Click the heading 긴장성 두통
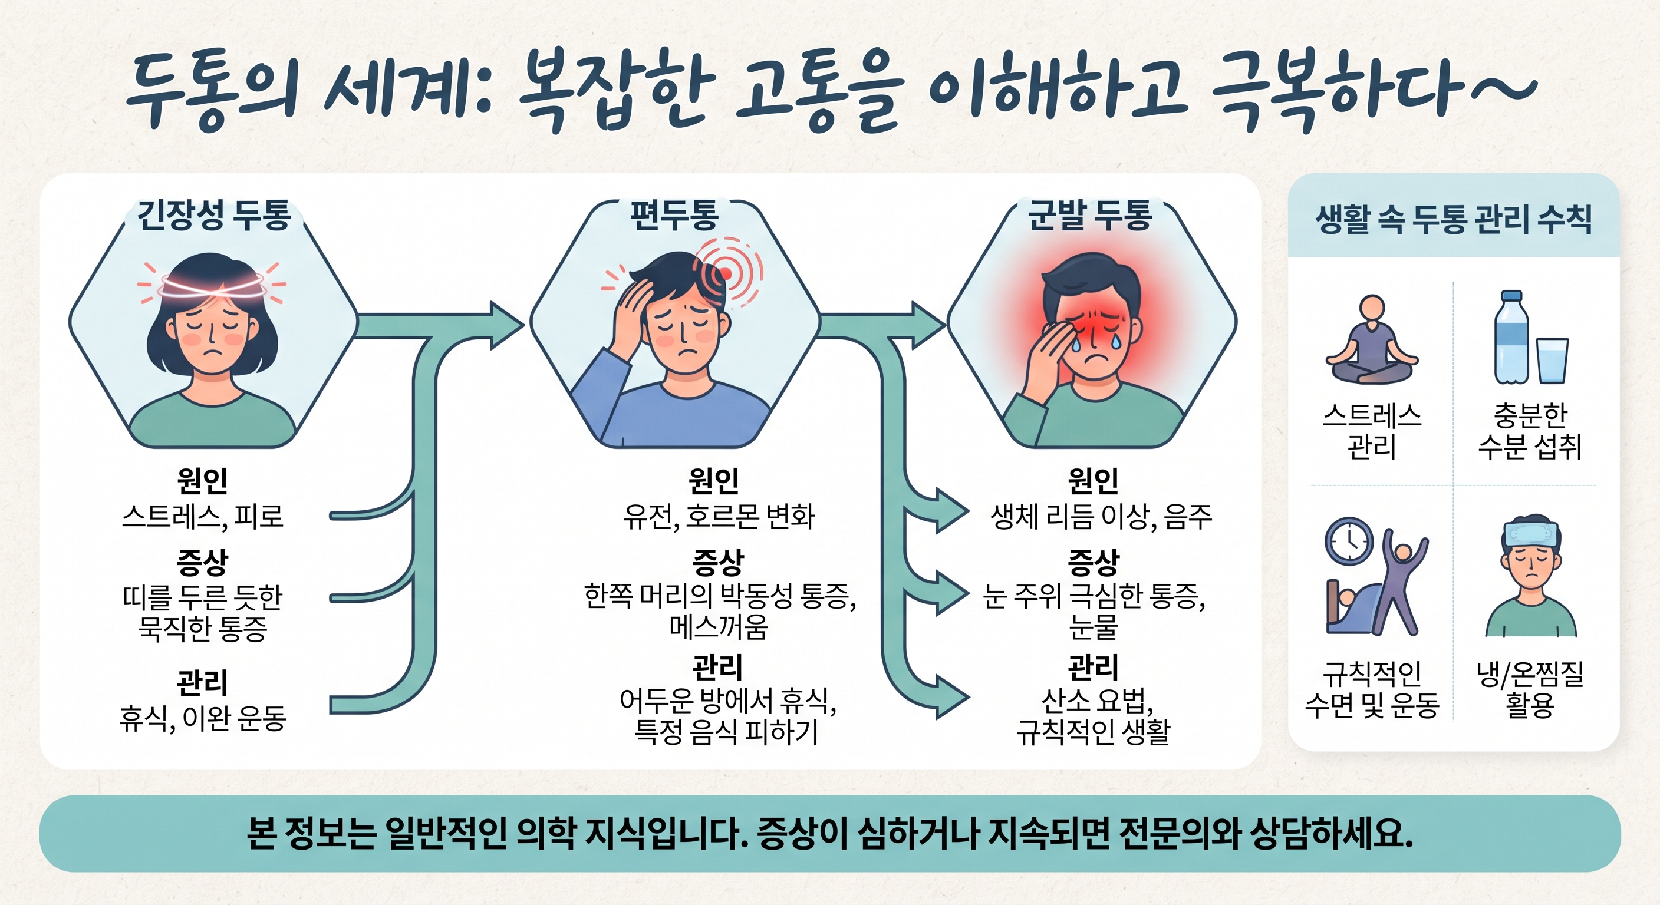214,215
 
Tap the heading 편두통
674,215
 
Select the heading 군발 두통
1090,215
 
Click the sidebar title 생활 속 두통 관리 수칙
1453,220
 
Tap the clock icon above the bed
1349,541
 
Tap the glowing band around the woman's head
212,285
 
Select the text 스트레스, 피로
202,516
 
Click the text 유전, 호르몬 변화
719,516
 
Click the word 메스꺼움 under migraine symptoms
719,627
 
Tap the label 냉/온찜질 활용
1530,689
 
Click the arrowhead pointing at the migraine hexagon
507,325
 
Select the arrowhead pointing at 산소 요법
952,697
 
